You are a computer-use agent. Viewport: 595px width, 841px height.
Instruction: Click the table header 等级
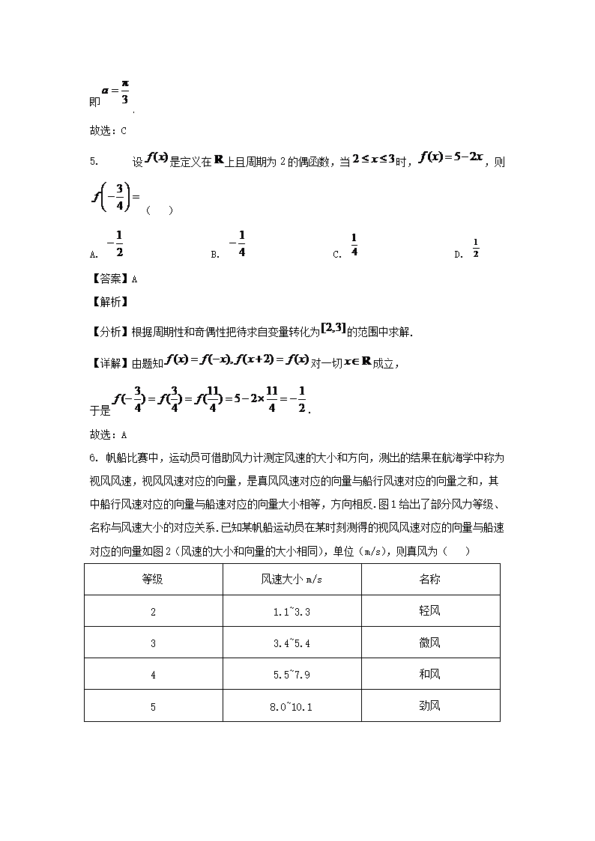tap(153, 579)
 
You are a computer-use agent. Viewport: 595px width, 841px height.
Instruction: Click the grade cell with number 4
tap(153, 675)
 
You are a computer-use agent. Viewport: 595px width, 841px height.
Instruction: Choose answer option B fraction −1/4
tap(238, 244)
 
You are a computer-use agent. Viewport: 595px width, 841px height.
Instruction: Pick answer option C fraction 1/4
tap(354, 246)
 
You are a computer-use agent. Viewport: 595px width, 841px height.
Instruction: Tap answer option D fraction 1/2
tap(475, 247)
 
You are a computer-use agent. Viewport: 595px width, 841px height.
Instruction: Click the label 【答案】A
tap(113, 279)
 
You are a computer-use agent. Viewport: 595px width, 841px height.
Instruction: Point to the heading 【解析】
tap(109, 303)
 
